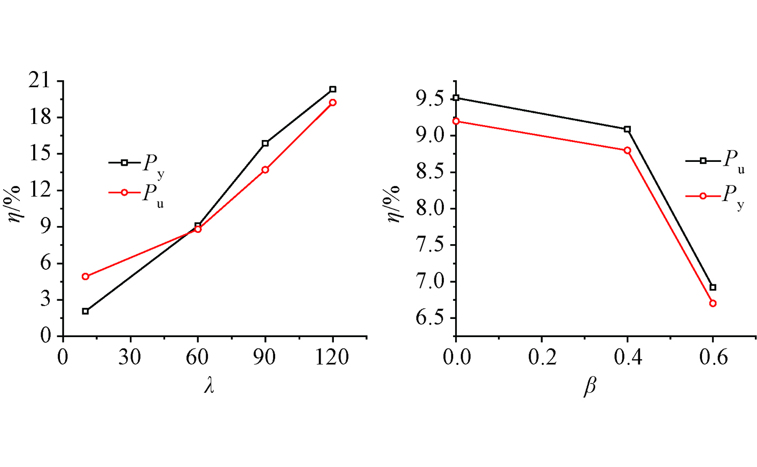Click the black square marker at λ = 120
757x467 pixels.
click(x=333, y=89)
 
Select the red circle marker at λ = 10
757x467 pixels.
click(x=85, y=276)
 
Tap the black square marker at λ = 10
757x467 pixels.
click(x=85, y=311)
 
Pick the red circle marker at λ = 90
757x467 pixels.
click(x=266, y=169)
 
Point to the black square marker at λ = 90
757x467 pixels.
click(x=266, y=143)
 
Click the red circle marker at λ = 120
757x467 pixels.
click(x=333, y=102)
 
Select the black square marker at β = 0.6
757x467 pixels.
click(x=713, y=287)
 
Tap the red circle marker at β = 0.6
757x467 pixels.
click(x=713, y=303)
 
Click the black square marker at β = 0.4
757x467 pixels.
click(x=627, y=129)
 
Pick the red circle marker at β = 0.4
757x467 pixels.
click(x=627, y=150)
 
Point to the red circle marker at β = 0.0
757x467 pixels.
click(x=456, y=121)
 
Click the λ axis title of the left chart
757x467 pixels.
click(x=209, y=385)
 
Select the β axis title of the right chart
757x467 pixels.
click(x=590, y=386)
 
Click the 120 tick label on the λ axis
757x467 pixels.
click(x=332, y=357)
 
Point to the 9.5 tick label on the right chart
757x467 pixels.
click(x=430, y=99)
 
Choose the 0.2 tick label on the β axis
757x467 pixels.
click(x=542, y=357)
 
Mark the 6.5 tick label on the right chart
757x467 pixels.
click(x=430, y=318)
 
